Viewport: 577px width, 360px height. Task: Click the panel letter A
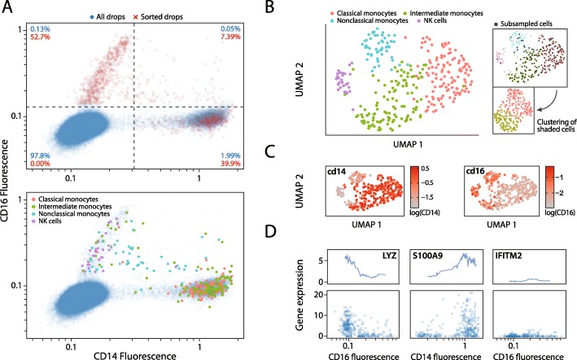point(7,7)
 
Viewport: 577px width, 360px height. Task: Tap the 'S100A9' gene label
point(452,257)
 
